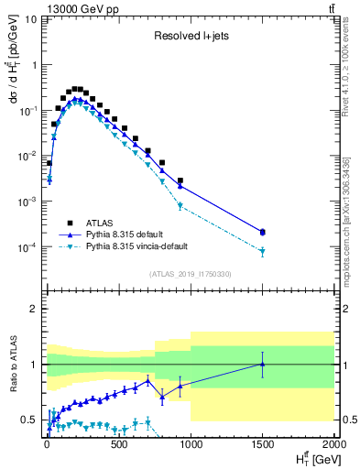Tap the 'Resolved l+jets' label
tap(189, 37)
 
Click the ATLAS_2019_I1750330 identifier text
tap(189, 274)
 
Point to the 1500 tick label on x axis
tap(262, 446)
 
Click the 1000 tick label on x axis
tap(191, 446)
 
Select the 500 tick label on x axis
tap(118, 446)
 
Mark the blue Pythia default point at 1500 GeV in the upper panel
tap(263, 232)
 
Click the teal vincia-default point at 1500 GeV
tap(263, 251)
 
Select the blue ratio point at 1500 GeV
tap(263, 364)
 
